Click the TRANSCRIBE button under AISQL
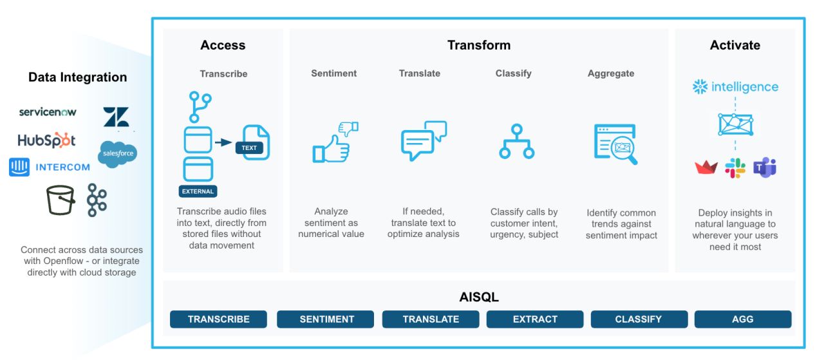[x=218, y=319]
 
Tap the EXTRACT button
[x=535, y=319]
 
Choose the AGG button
[x=743, y=319]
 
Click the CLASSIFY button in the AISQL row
[x=639, y=319]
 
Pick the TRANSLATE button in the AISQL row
[x=431, y=319]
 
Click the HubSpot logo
[x=46, y=140]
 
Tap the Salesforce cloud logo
[x=118, y=154]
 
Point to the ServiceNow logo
[x=48, y=112]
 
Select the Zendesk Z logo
[x=116, y=117]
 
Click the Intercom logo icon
[x=19, y=167]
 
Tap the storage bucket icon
[x=61, y=200]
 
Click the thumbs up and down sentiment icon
[x=335, y=142]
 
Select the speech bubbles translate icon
[x=424, y=141]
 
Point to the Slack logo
[x=735, y=168]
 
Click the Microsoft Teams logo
[x=765, y=167]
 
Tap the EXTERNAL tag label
[x=198, y=191]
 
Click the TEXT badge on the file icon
[x=249, y=147]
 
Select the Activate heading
[x=735, y=45]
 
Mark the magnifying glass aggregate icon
[x=615, y=144]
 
